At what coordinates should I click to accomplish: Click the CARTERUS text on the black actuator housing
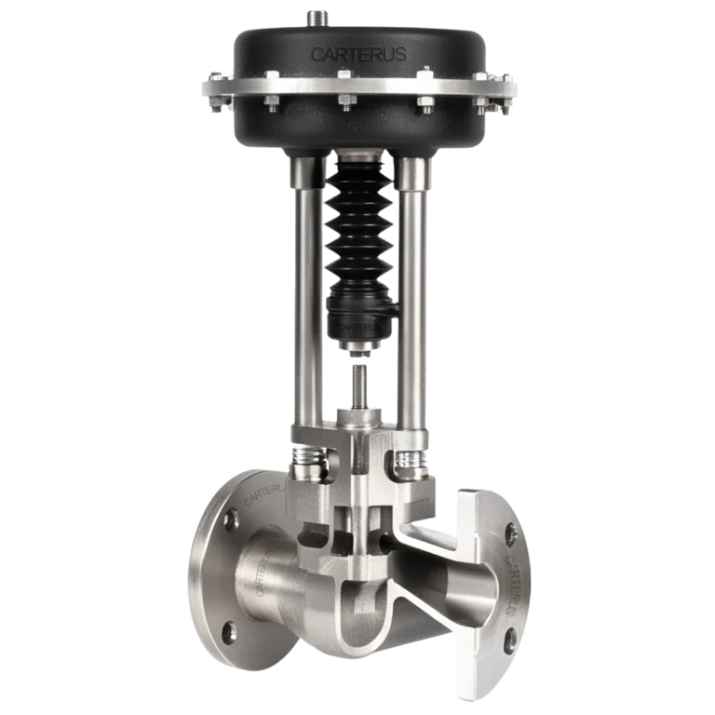357,54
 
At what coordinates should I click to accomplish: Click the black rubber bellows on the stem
357,233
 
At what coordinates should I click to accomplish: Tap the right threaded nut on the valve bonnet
410,459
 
